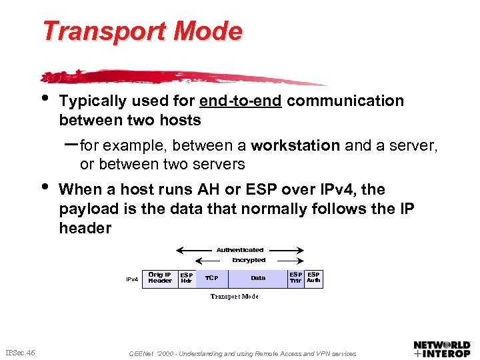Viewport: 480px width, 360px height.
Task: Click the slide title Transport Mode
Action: click(142, 31)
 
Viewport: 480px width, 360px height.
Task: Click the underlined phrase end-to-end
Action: click(240, 101)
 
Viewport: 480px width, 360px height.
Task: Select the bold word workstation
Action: click(295, 145)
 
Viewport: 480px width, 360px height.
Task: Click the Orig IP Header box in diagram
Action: click(159, 277)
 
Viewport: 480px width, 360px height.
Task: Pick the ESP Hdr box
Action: click(187, 277)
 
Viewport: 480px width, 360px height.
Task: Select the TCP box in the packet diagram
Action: click(211, 277)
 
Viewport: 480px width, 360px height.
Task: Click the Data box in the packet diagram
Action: click(258, 277)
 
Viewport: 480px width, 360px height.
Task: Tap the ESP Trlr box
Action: click(295, 277)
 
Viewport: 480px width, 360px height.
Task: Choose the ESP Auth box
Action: click(313, 277)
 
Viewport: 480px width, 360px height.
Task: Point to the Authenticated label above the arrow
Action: click(240, 250)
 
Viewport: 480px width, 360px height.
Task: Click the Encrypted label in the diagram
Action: click(248, 260)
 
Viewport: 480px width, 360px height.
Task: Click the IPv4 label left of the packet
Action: click(132, 279)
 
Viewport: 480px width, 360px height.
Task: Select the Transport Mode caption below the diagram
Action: click(234, 296)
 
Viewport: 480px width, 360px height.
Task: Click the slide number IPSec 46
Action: click(20, 352)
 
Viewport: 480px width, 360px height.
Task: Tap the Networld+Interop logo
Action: click(441, 349)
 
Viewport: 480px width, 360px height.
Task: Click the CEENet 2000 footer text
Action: click(242, 353)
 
